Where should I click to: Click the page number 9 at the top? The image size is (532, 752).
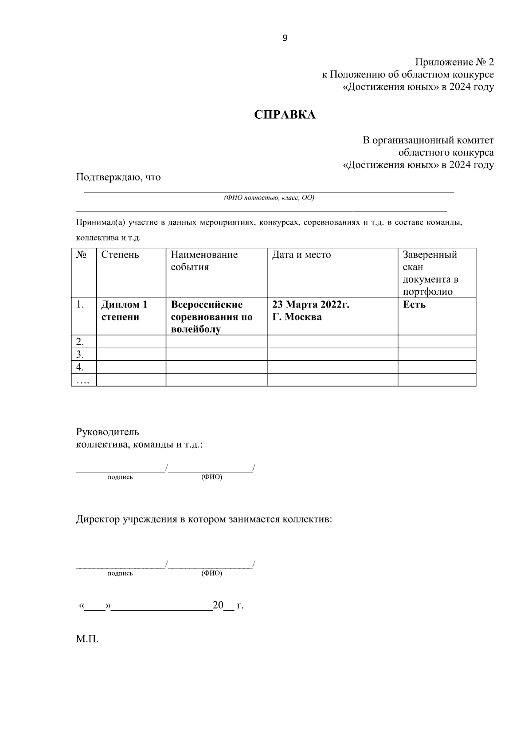click(285, 38)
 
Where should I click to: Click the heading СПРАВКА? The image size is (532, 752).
click(285, 115)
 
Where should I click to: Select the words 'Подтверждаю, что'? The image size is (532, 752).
click(118, 177)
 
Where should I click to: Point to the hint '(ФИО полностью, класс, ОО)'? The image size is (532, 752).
click(269, 198)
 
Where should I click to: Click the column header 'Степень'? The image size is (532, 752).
click(120, 255)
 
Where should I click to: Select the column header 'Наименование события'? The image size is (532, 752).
click(204, 261)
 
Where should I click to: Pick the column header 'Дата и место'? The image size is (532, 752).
click(301, 255)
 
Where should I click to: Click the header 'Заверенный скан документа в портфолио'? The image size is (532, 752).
click(430, 273)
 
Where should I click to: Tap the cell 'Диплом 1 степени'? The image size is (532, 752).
click(124, 311)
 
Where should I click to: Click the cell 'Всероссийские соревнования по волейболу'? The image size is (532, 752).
click(211, 317)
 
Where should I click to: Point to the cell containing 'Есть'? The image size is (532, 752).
click(414, 305)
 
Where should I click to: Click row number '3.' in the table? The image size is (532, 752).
click(80, 355)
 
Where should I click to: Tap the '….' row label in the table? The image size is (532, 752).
click(82, 380)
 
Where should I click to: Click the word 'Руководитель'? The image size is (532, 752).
click(108, 432)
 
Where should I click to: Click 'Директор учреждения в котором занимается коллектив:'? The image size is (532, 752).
click(204, 519)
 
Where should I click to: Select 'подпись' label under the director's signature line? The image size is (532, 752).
click(120, 573)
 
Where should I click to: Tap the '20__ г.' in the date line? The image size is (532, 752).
click(228, 605)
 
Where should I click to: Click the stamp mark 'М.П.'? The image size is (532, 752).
click(87, 639)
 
